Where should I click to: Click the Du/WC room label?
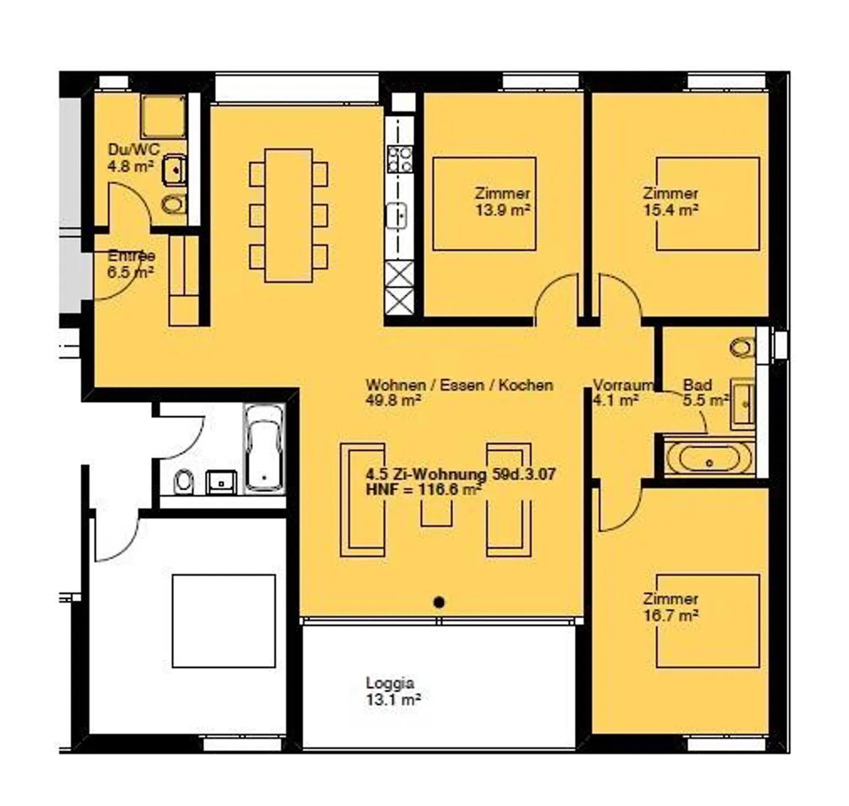[x=133, y=150]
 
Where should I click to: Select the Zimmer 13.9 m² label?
[x=502, y=201]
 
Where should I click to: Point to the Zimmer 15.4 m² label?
[x=670, y=201]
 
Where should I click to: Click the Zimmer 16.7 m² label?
[x=670, y=607]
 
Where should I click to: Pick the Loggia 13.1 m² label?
[x=393, y=692]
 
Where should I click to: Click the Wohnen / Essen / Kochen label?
[x=459, y=385]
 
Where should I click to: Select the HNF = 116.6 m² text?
[x=423, y=489]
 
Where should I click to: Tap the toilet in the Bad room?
[x=743, y=348]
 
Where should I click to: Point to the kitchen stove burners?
[x=400, y=159]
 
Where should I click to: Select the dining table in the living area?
[x=288, y=215]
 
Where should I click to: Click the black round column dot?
[x=439, y=602]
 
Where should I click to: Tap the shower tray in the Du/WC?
[x=163, y=117]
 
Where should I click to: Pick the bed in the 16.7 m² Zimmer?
[x=707, y=621]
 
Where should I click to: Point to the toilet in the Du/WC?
[x=174, y=205]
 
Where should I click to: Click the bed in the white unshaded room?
[x=223, y=621]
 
